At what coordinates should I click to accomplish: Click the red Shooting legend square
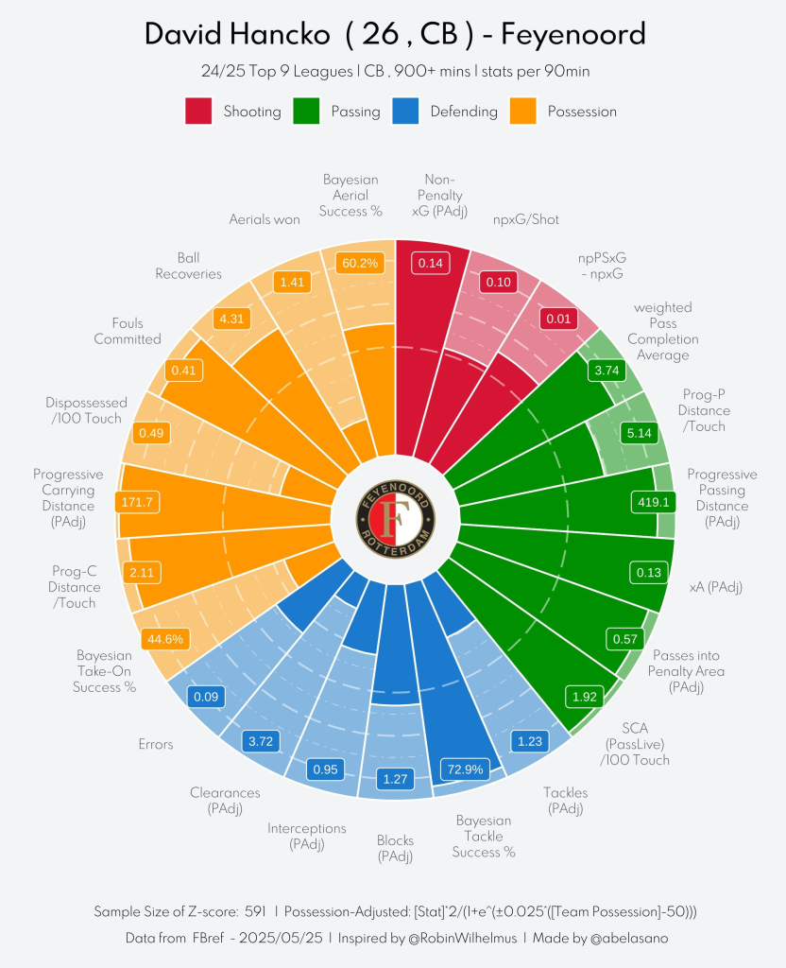point(198,111)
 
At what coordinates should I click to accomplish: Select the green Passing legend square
point(307,111)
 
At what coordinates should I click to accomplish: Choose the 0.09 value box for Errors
point(207,697)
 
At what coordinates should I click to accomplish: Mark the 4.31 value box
point(231,319)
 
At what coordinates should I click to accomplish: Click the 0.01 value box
point(558,319)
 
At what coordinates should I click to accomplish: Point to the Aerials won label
point(265,219)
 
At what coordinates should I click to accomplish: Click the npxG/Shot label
point(526,219)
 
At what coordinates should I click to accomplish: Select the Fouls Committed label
point(128,331)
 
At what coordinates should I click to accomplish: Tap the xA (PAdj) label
point(716,587)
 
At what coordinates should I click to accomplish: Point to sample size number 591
point(255,912)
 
